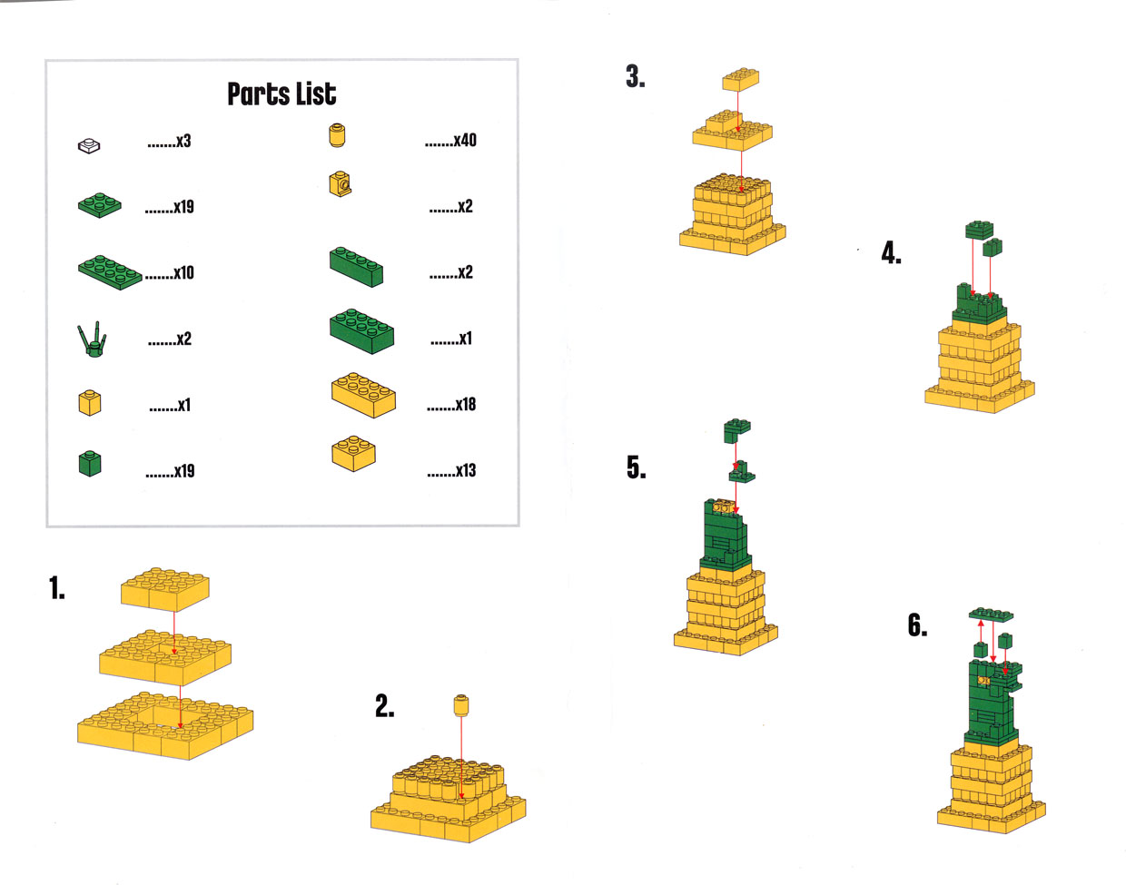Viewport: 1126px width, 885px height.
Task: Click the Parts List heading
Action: (281, 94)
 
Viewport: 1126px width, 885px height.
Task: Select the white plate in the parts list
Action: (89, 145)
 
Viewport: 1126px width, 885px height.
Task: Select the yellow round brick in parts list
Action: (337, 135)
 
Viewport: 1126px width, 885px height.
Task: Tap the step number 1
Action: (57, 587)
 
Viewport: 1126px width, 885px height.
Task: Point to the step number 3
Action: (636, 76)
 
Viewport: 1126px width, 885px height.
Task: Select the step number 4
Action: (891, 253)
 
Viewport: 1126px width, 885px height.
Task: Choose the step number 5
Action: (637, 467)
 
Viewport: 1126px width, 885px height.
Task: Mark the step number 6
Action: (917, 625)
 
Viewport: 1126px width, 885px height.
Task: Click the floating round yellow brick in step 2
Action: (461, 705)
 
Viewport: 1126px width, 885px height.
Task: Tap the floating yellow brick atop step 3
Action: (740, 80)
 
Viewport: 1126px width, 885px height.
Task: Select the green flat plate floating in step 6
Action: (991, 615)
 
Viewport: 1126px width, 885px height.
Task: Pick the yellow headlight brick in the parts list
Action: (341, 184)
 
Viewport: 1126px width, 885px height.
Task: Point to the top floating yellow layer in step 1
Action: (165, 589)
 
